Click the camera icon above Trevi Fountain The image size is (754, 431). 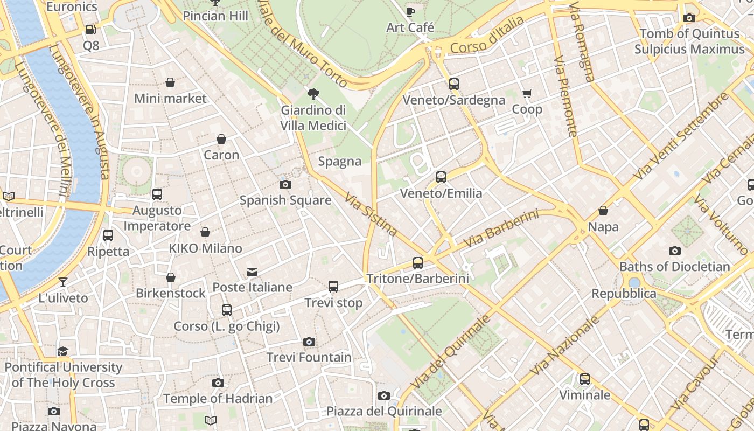pyautogui.click(x=309, y=342)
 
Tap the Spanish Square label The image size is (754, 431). pyautogui.click(x=285, y=200)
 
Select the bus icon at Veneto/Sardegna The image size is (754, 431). pyautogui.click(x=453, y=84)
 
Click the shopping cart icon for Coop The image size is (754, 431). pyautogui.click(x=527, y=94)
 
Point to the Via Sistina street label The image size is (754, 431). pyautogui.click(x=371, y=214)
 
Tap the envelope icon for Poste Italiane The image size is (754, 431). pyautogui.click(x=252, y=272)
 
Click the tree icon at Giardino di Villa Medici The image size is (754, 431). pyautogui.click(x=313, y=95)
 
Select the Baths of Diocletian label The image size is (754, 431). pyautogui.click(x=674, y=267)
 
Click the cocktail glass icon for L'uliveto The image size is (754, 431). pyautogui.click(x=63, y=282)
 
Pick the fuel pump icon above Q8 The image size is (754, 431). pyautogui.click(x=90, y=30)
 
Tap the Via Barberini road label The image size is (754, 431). pyautogui.click(x=500, y=229)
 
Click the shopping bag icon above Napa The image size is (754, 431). pyautogui.click(x=603, y=211)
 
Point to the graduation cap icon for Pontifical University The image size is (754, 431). pyautogui.click(x=63, y=351)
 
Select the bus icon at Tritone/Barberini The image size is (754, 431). pyautogui.click(x=417, y=263)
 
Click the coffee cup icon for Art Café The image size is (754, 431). pyautogui.click(x=410, y=11)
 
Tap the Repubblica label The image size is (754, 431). pyautogui.click(x=624, y=294)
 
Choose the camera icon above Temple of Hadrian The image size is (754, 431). pyautogui.click(x=218, y=383)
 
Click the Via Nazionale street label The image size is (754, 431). pyautogui.click(x=565, y=345)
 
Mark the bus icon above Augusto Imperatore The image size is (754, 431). pyautogui.click(x=157, y=194)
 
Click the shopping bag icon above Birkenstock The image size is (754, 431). pyautogui.click(x=170, y=277)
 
